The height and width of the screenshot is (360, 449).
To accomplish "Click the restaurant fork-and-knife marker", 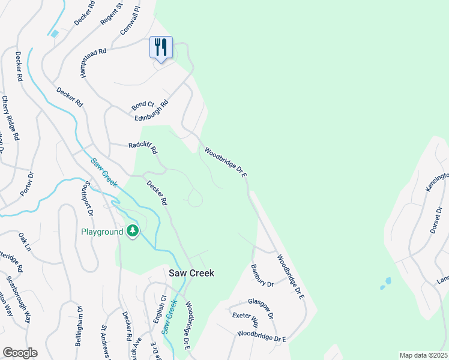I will pyautogui.click(x=161, y=47).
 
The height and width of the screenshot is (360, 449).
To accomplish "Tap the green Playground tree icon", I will pyautogui.click(x=133, y=230).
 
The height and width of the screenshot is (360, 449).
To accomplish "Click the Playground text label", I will pyautogui.click(x=102, y=232).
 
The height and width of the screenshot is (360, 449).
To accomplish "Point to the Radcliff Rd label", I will pyautogui.click(x=143, y=147).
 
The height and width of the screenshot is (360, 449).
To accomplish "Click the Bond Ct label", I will pyautogui.click(x=143, y=106).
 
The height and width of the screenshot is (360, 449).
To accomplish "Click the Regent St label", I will pyautogui.click(x=112, y=14).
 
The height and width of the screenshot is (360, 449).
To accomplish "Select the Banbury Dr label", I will pyautogui.click(x=262, y=275).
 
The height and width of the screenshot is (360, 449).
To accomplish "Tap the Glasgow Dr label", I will pyautogui.click(x=261, y=309).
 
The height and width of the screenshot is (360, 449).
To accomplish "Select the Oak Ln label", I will pyautogui.click(x=25, y=242).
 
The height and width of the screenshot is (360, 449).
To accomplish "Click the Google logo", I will pyautogui.click(x=20, y=352).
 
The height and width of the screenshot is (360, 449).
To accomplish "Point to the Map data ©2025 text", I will pyautogui.click(x=423, y=355).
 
